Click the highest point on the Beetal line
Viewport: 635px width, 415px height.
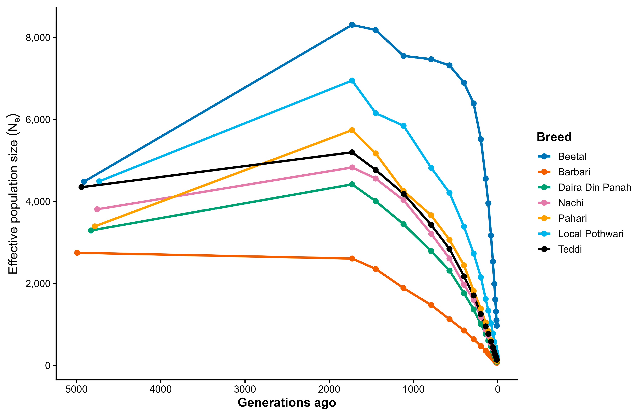click(x=352, y=25)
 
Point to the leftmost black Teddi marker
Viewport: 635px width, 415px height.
click(x=81, y=187)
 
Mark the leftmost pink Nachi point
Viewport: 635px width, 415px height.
click(x=97, y=209)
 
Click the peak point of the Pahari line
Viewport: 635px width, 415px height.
click(x=352, y=130)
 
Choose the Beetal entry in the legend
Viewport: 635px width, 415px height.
click(x=572, y=157)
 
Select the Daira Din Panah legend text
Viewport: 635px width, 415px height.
click(x=594, y=188)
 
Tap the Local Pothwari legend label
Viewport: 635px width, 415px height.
click(x=591, y=234)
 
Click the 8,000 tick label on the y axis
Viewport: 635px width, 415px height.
click(x=38, y=38)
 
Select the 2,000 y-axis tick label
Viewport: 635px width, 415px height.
click(x=38, y=283)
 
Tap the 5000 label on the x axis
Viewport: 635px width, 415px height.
click(x=77, y=389)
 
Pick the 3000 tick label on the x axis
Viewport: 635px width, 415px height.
click(x=245, y=389)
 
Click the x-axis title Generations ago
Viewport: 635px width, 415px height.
click(x=287, y=403)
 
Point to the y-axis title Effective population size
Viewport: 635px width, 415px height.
click(x=13, y=194)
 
